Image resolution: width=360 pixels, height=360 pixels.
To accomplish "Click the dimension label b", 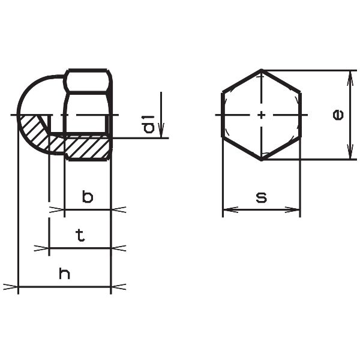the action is (x=88, y=197).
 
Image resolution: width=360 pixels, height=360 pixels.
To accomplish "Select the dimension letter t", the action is (x=80, y=235).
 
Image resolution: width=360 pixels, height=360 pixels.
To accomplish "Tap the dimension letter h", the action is (x=65, y=273).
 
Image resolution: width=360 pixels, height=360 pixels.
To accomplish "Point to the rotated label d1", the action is (x=148, y=124).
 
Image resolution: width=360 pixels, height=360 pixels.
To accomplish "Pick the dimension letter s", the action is (x=262, y=197).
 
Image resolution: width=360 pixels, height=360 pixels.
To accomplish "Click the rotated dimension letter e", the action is (x=338, y=115).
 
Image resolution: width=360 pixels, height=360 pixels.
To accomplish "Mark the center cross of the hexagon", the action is (x=261, y=115).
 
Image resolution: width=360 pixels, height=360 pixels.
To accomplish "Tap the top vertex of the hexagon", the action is (x=261, y=70).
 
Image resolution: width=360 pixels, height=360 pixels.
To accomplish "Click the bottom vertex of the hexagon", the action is (x=261, y=160).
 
